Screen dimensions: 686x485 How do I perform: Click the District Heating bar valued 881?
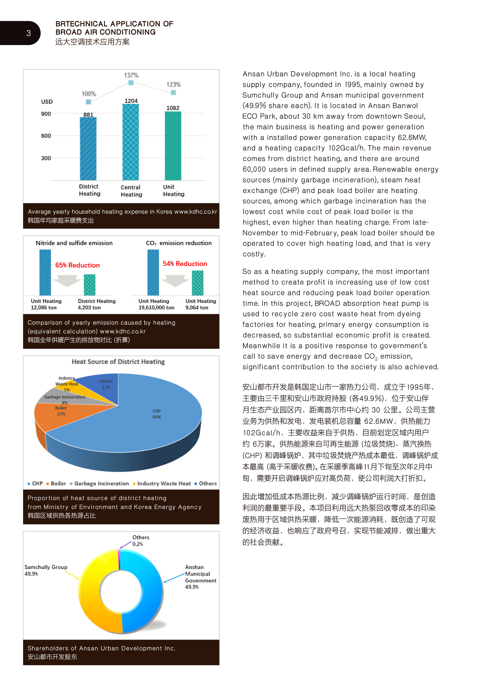click(88, 149)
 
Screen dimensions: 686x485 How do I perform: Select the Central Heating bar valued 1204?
click(131, 142)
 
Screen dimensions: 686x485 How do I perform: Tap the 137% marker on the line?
click(131, 83)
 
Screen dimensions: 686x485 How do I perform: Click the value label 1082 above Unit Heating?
click(173, 108)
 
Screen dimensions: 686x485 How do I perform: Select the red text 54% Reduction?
click(185, 264)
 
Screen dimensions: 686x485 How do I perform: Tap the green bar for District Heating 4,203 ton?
click(90, 285)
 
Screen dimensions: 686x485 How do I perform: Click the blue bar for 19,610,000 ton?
click(153, 273)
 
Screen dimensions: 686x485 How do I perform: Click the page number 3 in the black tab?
click(29, 33)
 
